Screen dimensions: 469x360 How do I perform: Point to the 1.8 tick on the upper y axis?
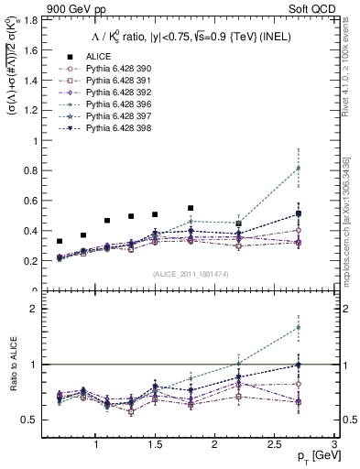coord(31,19)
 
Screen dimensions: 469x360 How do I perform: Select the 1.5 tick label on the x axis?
coord(155,444)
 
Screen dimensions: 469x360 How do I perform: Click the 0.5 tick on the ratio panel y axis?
coord(31,420)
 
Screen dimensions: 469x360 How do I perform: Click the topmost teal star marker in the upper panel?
coord(297,168)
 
